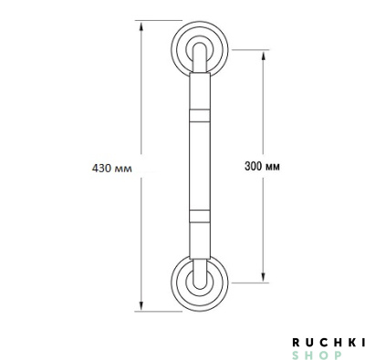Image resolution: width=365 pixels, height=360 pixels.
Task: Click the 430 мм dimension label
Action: coord(112,168)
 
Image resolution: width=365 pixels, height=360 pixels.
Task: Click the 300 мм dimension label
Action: coord(262,166)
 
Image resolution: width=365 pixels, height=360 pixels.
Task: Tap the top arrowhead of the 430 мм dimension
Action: coord(141,26)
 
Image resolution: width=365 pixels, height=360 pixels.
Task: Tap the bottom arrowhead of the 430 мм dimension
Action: coord(141,306)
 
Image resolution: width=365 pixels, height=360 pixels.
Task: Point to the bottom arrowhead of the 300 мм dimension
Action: coord(264,277)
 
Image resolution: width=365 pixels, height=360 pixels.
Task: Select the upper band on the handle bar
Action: coord(200,116)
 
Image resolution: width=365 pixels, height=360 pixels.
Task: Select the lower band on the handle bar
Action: coord(200,216)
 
